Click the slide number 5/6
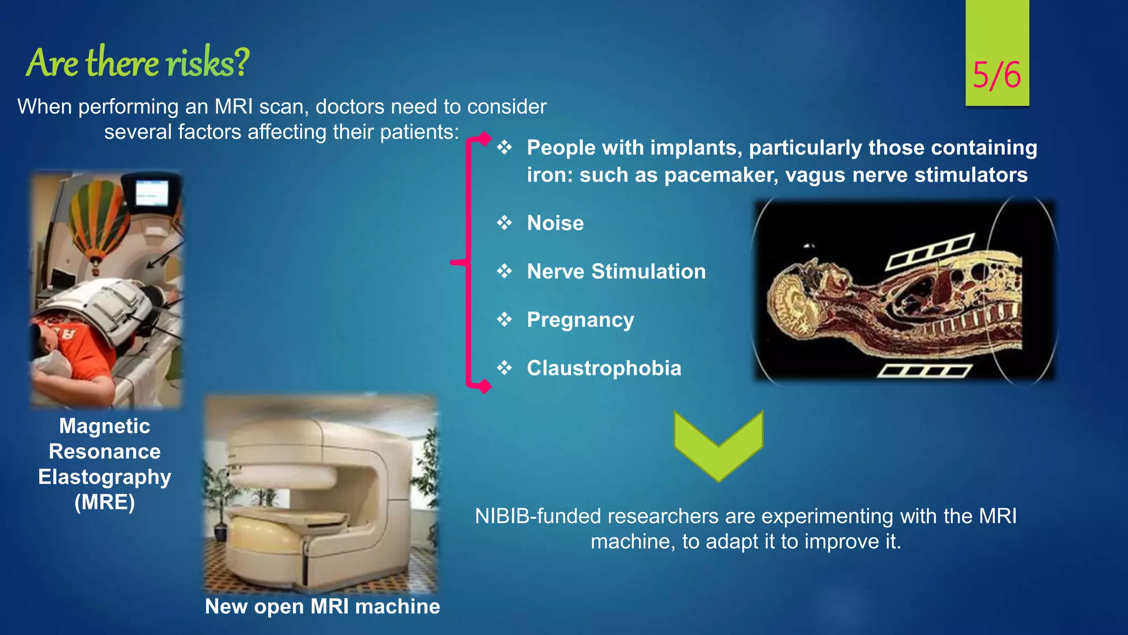(996, 75)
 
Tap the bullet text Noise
(555, 223)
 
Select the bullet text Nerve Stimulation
(616, 272)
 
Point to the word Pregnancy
(580, 320)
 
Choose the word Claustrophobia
(604, 368)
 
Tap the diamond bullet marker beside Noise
(504, 223)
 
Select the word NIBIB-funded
(538, 516)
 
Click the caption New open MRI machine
(322, 606)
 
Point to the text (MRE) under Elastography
(105, 503)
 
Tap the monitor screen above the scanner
(151, 193)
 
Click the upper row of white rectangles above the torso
(930, 251)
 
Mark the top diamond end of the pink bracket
(484, 138)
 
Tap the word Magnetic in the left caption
(105, 426)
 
